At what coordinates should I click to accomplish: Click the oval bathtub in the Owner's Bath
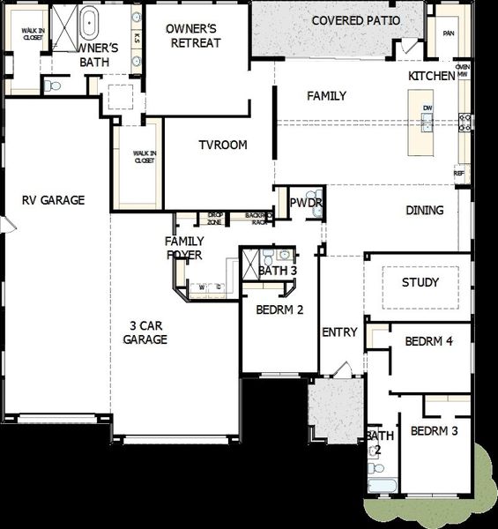(x=90, y=19)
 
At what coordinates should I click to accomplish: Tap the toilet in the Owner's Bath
(x=53, y=86)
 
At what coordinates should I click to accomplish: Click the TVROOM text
(x=222, y=145)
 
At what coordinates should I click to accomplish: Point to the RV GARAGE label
(x=53, y=200)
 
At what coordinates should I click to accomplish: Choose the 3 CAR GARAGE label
(x=145, y=332)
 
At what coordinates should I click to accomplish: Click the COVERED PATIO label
(x=356, y=20)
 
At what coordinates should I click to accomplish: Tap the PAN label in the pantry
(x=449, y=34)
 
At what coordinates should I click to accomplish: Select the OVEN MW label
(x=463, y=71)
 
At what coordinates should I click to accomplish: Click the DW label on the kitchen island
(x=427, y=108)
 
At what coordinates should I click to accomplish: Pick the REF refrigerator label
(x=459, y=174)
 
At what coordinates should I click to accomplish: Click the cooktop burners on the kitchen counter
(x=465, y=123)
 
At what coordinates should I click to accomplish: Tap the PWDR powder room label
(x=306, y=203)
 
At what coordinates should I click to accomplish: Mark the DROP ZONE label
(x=215, y=217)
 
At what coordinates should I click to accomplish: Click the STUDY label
(x=420, y=282)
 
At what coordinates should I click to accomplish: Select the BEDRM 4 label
(x=428, y=341)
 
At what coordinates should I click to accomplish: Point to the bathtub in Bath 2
(x=383, y=484)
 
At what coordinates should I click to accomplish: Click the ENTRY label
(x=339, y=332)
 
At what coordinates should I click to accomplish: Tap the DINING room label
(x=425, y=211)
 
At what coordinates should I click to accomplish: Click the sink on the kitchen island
(x=427, y=124)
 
